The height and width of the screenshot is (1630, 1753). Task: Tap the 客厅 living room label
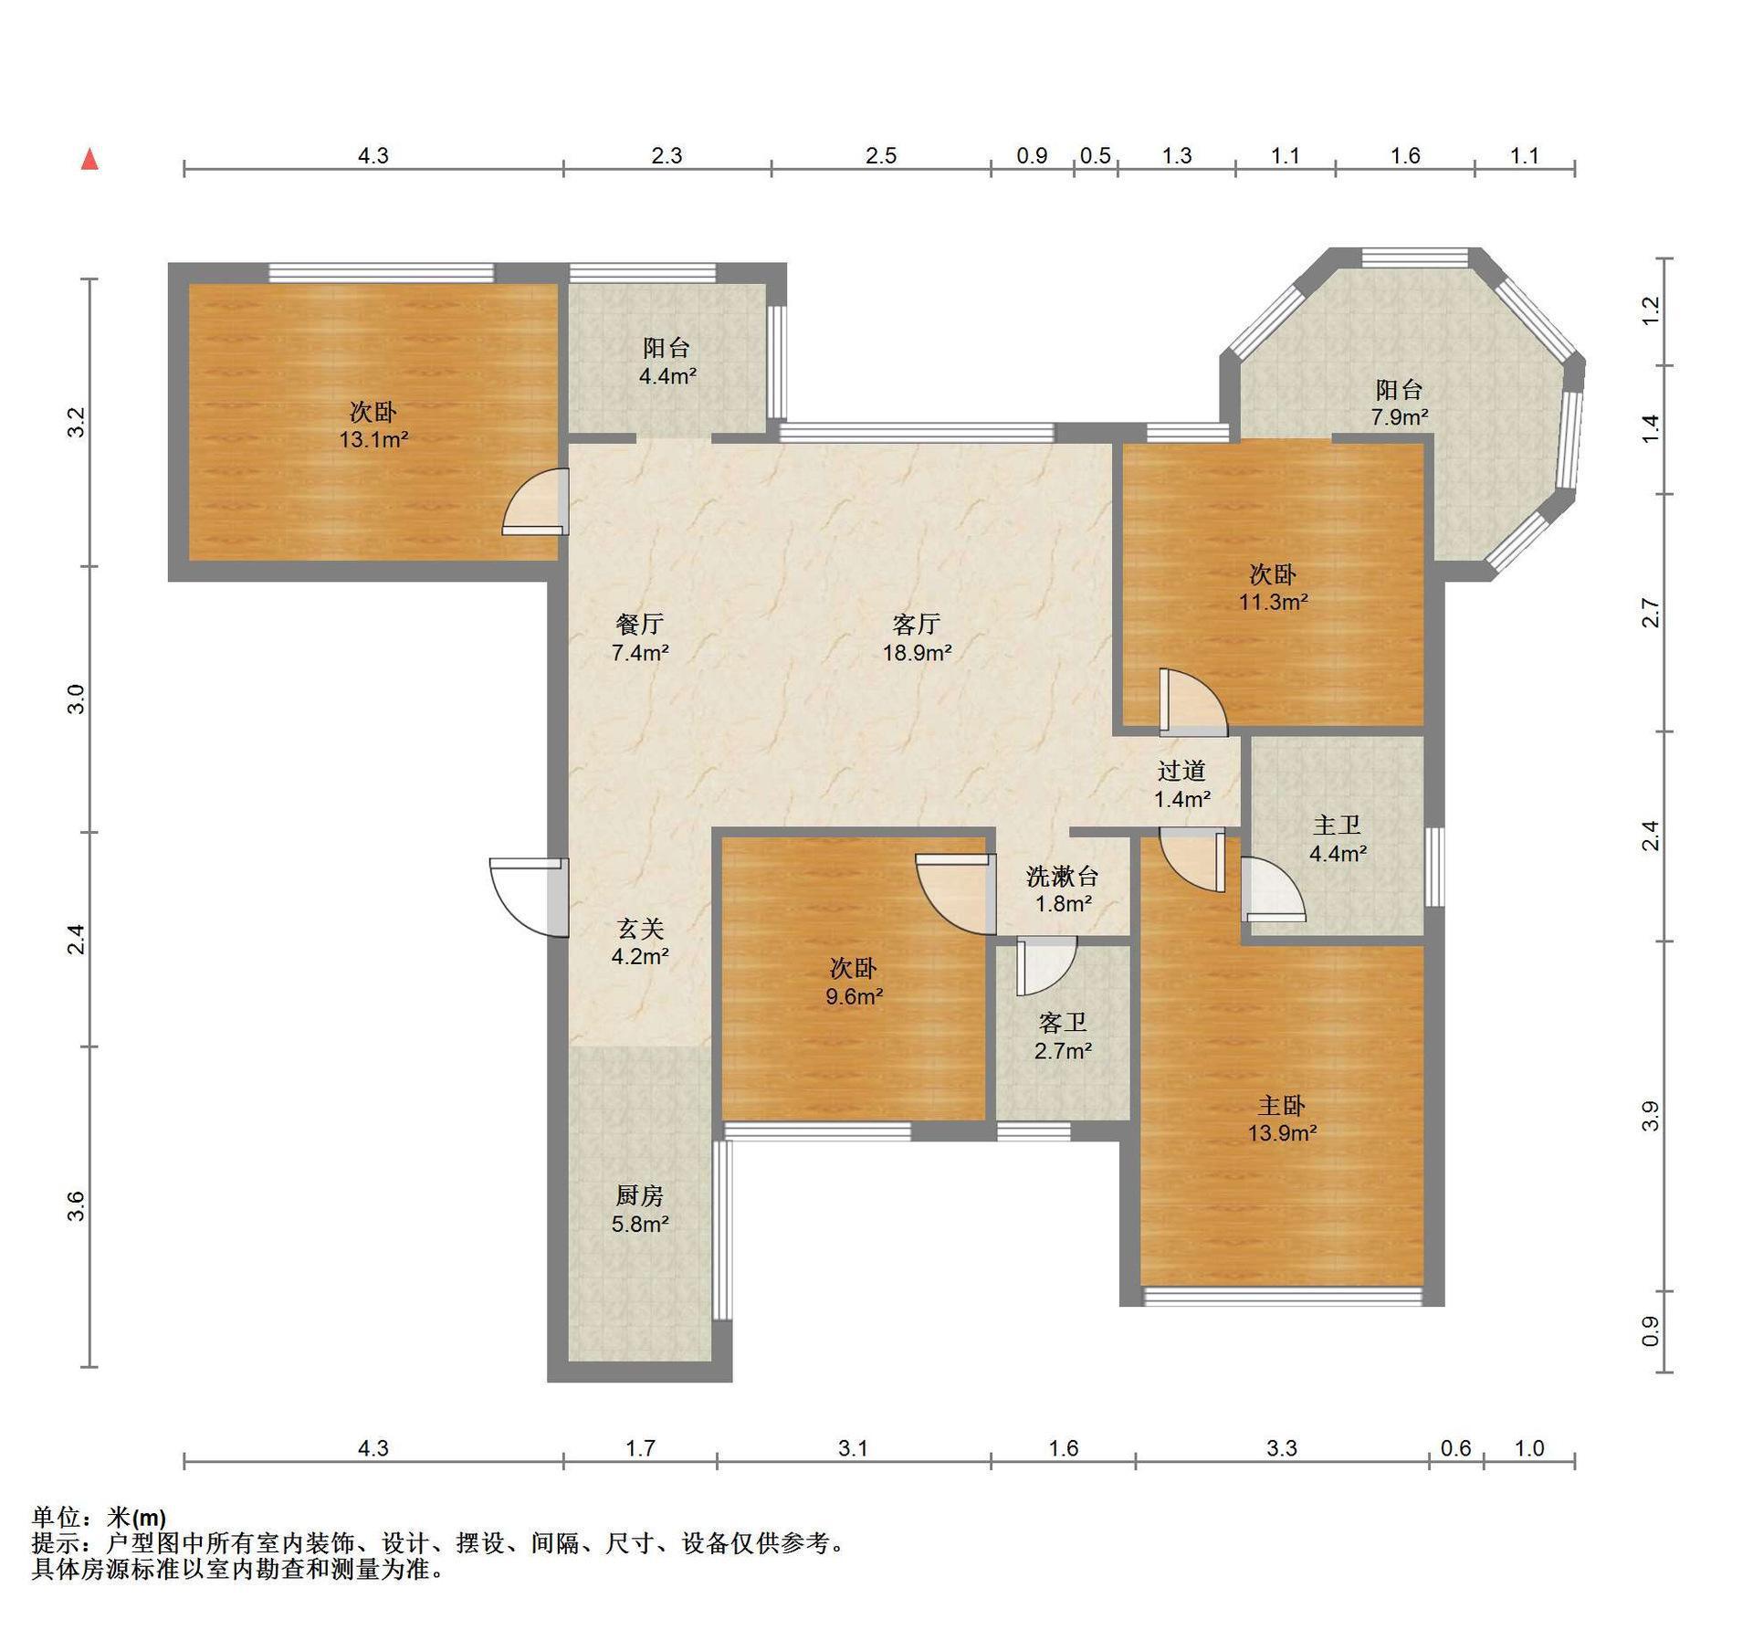(x=916, y=625)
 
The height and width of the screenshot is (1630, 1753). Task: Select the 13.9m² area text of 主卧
(x=1282, y=1133)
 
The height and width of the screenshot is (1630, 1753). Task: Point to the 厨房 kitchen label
(x=639, y=1195)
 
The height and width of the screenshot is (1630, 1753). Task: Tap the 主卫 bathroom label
(x=1337, y=826)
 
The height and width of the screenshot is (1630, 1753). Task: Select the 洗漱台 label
(x=1062, y=877)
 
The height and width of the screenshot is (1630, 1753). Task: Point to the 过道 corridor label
(x=1181, y=771)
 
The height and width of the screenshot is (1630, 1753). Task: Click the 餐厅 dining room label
(x=639, y=625)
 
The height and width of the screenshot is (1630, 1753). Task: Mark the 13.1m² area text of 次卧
(x=373, y=439)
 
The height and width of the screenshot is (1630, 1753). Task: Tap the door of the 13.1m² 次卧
(x=535, y=501)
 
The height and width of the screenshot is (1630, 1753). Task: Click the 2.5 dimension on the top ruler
(x=881, y=155)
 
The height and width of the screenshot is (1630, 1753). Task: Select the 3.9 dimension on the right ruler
(x=1650, y=1116)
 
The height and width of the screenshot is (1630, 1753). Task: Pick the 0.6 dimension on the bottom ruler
(x=1456, y=1448)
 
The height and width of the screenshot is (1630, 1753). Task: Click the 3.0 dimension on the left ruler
(x=77, y=699)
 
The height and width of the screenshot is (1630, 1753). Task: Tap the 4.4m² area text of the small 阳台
(x=667, y=375)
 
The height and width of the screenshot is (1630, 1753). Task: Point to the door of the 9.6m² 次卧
(x=956, y=895)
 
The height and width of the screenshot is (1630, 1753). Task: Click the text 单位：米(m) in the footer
(x=99, y=1518)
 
